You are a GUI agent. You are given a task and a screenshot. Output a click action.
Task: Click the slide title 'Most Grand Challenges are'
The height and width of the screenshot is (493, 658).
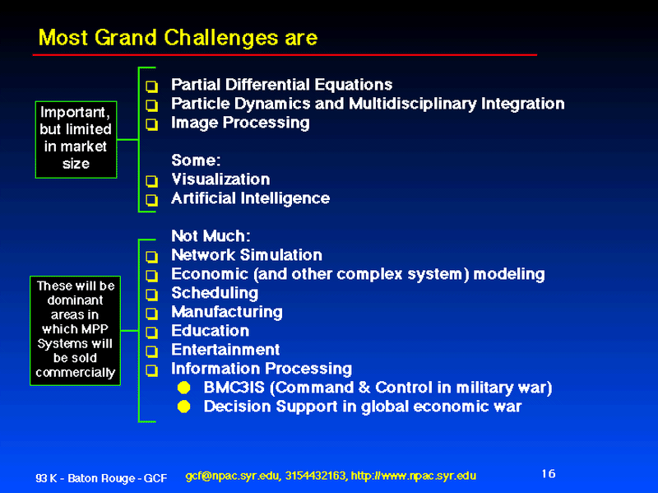point(178,38)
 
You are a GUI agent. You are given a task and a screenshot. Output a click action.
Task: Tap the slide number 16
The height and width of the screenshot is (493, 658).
point(549,474)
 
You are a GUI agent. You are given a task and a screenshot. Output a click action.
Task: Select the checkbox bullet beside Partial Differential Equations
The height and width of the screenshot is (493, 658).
point(151,86)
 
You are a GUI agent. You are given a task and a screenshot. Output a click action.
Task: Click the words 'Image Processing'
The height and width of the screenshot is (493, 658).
point(240,123)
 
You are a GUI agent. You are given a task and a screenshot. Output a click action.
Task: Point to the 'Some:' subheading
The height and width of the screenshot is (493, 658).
point(196,160)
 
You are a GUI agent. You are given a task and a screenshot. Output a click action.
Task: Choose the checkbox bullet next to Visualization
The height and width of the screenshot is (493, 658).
point(151,181)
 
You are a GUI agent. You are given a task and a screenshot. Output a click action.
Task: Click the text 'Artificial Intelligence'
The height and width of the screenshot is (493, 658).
point(251,198)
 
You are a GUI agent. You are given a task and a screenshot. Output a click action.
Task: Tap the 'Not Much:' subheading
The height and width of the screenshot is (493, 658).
point(211,235)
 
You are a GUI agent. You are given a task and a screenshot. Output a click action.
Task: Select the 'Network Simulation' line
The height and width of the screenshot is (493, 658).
point(247,255)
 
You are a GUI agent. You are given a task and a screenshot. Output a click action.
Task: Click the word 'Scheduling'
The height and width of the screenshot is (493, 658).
point(215,293)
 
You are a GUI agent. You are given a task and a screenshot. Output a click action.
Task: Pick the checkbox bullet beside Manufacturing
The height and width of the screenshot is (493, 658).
point(151,314)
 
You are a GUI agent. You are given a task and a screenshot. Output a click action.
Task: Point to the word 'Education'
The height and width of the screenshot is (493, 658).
point(211,331)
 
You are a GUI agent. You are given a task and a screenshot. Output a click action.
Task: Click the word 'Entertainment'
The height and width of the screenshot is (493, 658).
point(225,350)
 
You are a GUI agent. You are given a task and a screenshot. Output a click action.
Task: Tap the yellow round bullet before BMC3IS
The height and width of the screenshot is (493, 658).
point(183,388)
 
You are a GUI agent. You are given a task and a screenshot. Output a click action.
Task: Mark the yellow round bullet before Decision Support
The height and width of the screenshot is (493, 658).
point(183,407)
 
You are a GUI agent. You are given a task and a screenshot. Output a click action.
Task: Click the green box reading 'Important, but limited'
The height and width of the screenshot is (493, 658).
point(76,139)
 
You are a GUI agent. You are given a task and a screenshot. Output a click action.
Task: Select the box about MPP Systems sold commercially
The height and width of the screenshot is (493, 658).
point(75,331)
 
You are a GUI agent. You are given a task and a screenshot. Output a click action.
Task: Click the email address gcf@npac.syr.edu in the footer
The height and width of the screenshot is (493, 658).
point(232,477)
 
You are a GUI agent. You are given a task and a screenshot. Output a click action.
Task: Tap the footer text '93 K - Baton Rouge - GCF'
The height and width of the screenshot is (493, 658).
point(101,478)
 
